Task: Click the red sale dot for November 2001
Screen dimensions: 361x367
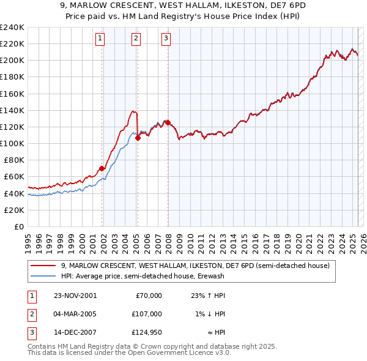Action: (x=102, y=168)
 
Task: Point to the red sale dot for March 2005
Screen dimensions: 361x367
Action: (x=138, y=138)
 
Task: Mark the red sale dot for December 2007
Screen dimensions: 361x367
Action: (x=168, y=123)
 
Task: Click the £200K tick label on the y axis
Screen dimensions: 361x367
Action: (x=12, y=60)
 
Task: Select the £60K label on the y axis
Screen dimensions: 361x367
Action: (x=14, y=177)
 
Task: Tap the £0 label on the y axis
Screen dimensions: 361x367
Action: (x=18, y=226)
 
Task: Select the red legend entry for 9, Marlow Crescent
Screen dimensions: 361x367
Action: (x=195, y=266)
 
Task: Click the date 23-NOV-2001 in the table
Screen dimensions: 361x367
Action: (x=75, y=296)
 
